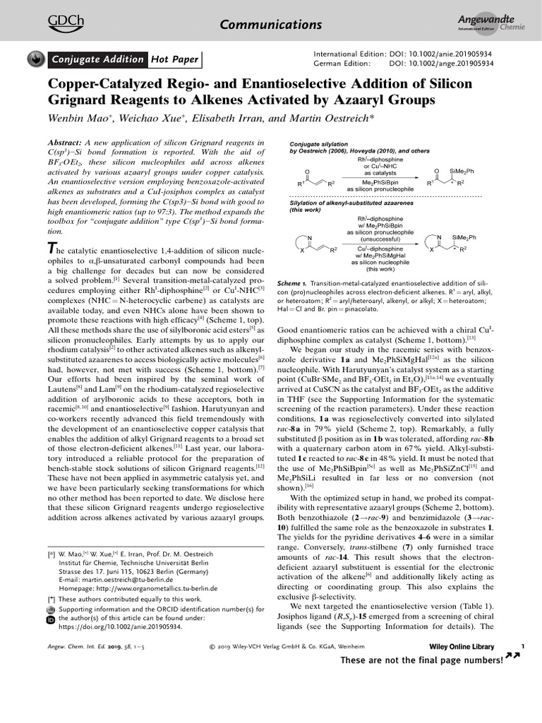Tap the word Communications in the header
pos(272,25)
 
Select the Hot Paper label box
pos(174,60)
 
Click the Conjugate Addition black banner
pos(97,60)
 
